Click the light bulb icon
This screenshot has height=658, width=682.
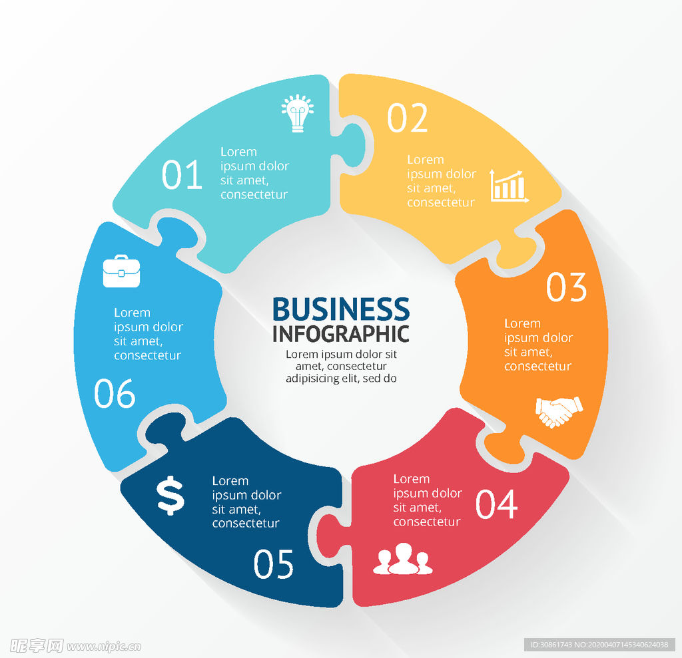[x=297, y=113]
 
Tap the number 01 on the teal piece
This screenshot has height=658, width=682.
[x=182, y=174]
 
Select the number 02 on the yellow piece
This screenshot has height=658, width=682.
[x=408, y=118]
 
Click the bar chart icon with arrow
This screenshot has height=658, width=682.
[x=510, y=185]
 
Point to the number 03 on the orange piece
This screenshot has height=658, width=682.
[x=567, y=287]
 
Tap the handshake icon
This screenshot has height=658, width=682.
[x=559, y=411]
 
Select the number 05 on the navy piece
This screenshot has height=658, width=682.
[x=274, y=564]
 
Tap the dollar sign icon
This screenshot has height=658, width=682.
[x=170, y=496]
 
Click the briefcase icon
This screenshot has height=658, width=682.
[x=121, y=271]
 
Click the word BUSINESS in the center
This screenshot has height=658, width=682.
[x=341, y=309]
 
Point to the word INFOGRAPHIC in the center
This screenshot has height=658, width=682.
[x=341, y=333]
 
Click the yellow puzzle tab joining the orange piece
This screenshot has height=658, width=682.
[x=516, y=251]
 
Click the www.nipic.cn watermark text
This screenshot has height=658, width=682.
[x=104, y=645]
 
